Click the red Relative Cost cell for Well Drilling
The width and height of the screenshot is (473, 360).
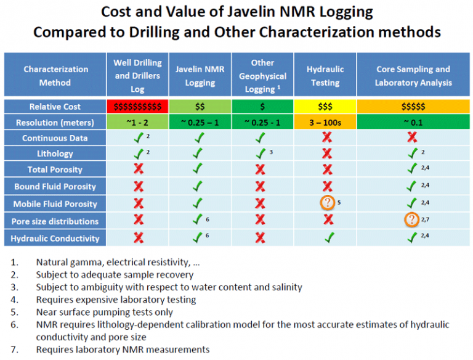(137, 107)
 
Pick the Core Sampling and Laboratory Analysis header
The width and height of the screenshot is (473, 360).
(413, 76)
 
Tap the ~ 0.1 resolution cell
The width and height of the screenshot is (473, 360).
(413, 122)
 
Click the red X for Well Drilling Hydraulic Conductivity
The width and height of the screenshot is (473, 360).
(137, 238)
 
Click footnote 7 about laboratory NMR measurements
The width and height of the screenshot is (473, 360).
(123, 350)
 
